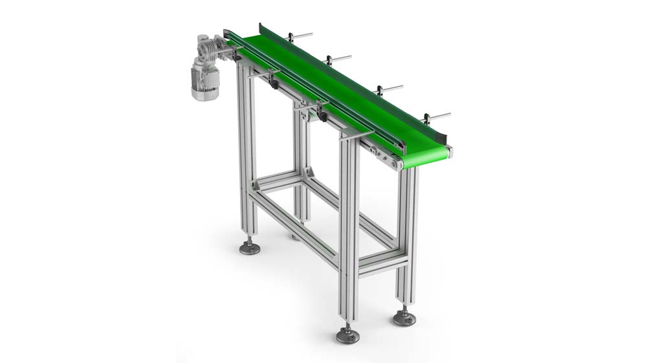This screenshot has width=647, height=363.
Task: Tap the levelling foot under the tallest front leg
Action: click(x=347, y=335)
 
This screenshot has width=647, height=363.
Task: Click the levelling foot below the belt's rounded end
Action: click(x=404, y=318)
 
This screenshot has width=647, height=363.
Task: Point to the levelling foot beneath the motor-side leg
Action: click(x=250, y=247)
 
